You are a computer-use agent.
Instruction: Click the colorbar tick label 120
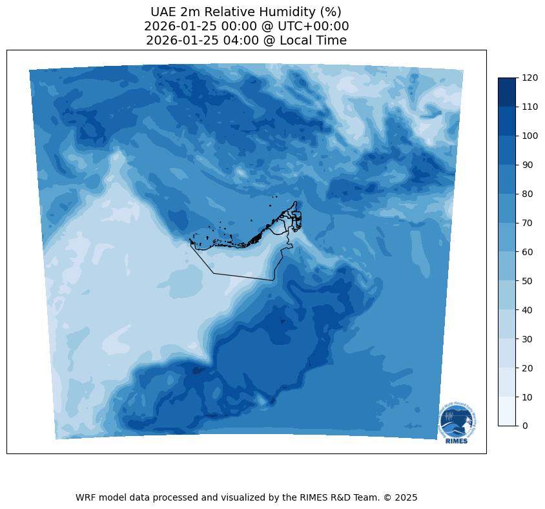(530, 78)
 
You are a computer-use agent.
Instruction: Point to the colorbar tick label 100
(530, 136)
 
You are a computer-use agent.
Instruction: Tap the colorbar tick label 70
(528, 223)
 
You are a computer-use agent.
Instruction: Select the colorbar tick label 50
(528, 281)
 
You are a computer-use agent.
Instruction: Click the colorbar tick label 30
(528, 338)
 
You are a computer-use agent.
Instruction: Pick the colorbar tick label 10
(528, 397)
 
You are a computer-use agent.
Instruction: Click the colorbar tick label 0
(525, 426)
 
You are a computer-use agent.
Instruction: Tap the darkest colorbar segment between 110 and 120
(508, 92)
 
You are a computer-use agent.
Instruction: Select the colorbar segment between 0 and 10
(508, 411)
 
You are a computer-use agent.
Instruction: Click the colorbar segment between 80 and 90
(508, 179)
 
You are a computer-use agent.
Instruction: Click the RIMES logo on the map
(457, 423)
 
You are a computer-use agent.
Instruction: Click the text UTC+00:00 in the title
(313, 26)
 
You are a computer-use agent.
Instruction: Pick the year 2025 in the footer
(406, 498)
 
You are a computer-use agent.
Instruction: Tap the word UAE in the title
(164, 12)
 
